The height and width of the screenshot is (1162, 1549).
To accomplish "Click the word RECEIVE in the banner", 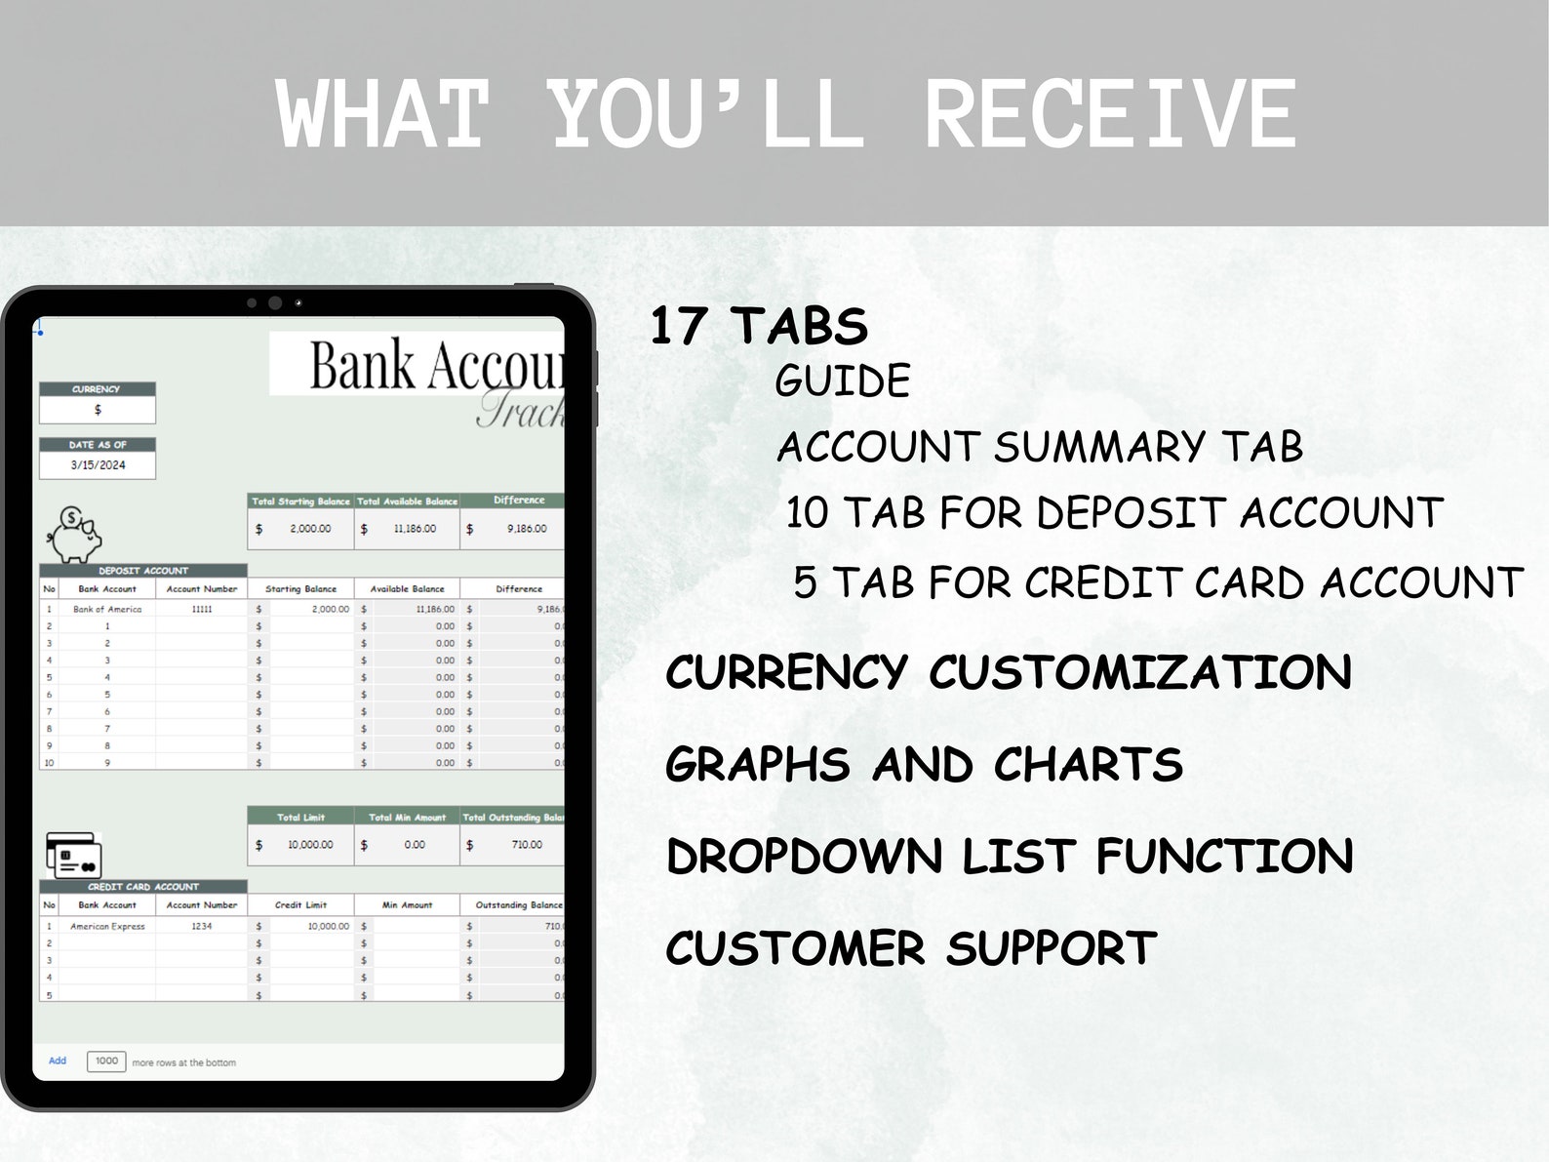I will coord(1110,115).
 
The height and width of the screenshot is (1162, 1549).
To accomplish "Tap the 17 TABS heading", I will coord(759,326).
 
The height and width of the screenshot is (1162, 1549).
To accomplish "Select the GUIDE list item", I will coord(843,381).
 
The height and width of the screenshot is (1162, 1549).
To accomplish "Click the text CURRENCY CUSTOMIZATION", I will coord(1009,672).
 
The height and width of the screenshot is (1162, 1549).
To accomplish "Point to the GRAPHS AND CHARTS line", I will coord(924,764).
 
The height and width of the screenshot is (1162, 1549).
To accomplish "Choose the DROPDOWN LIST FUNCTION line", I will coord(1010,856).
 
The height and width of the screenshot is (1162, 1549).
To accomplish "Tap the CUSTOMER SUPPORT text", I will coord(911,947).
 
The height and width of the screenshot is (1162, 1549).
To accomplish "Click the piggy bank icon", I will coord(75,535).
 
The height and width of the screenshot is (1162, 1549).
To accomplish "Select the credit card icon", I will coord(74,855).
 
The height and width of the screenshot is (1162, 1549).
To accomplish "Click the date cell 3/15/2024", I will coord(98,465).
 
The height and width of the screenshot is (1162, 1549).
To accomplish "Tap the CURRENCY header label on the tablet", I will coord(97,389).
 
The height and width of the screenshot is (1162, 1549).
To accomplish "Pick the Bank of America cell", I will coord(107,609).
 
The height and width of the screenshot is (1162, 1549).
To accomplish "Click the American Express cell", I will coord(107,926).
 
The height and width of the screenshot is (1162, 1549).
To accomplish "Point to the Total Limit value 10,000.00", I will coord(310,845).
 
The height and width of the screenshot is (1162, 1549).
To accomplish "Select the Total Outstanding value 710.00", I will coord(526,845).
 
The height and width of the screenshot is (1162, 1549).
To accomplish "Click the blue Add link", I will coord(58,1061).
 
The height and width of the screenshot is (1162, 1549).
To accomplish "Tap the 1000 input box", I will coord(106,1061).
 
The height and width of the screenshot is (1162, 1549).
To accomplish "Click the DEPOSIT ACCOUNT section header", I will coord(143,571).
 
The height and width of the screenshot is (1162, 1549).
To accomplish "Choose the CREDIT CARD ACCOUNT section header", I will coord(143,887).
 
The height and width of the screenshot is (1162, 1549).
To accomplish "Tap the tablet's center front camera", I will coord(275,303).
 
